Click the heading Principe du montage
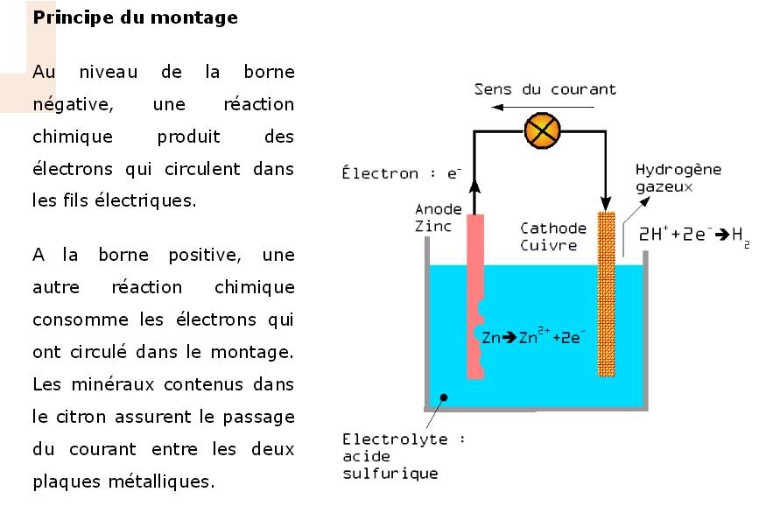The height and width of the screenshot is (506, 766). tap(135, 18)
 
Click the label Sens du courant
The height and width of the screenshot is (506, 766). tap(545, 89)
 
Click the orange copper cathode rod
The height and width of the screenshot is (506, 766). tap(606, 293)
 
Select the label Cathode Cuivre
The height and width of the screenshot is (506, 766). tap(549, 236)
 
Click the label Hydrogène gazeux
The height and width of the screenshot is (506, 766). tap(678, 178)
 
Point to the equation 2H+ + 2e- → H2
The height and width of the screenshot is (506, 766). tap(694, 235)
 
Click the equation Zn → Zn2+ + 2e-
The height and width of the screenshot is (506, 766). tap(534, 337)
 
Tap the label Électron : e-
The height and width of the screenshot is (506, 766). tap(401, 173)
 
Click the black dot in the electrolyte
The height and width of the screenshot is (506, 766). tap(445, 398)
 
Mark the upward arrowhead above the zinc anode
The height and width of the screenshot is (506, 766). tap(474, 183)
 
